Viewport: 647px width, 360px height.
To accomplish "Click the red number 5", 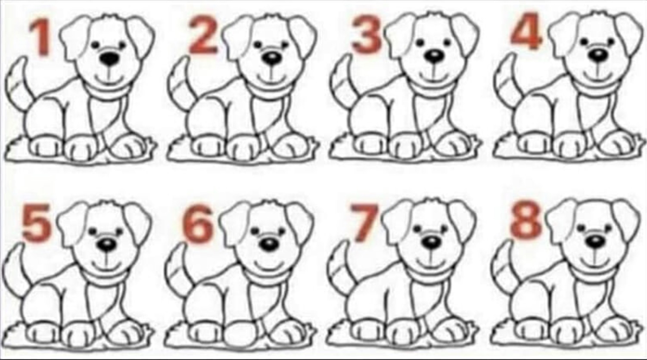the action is [37, 222].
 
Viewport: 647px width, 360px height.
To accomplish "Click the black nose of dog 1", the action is [109, 59].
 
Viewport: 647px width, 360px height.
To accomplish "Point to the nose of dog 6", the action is [269, 244].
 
